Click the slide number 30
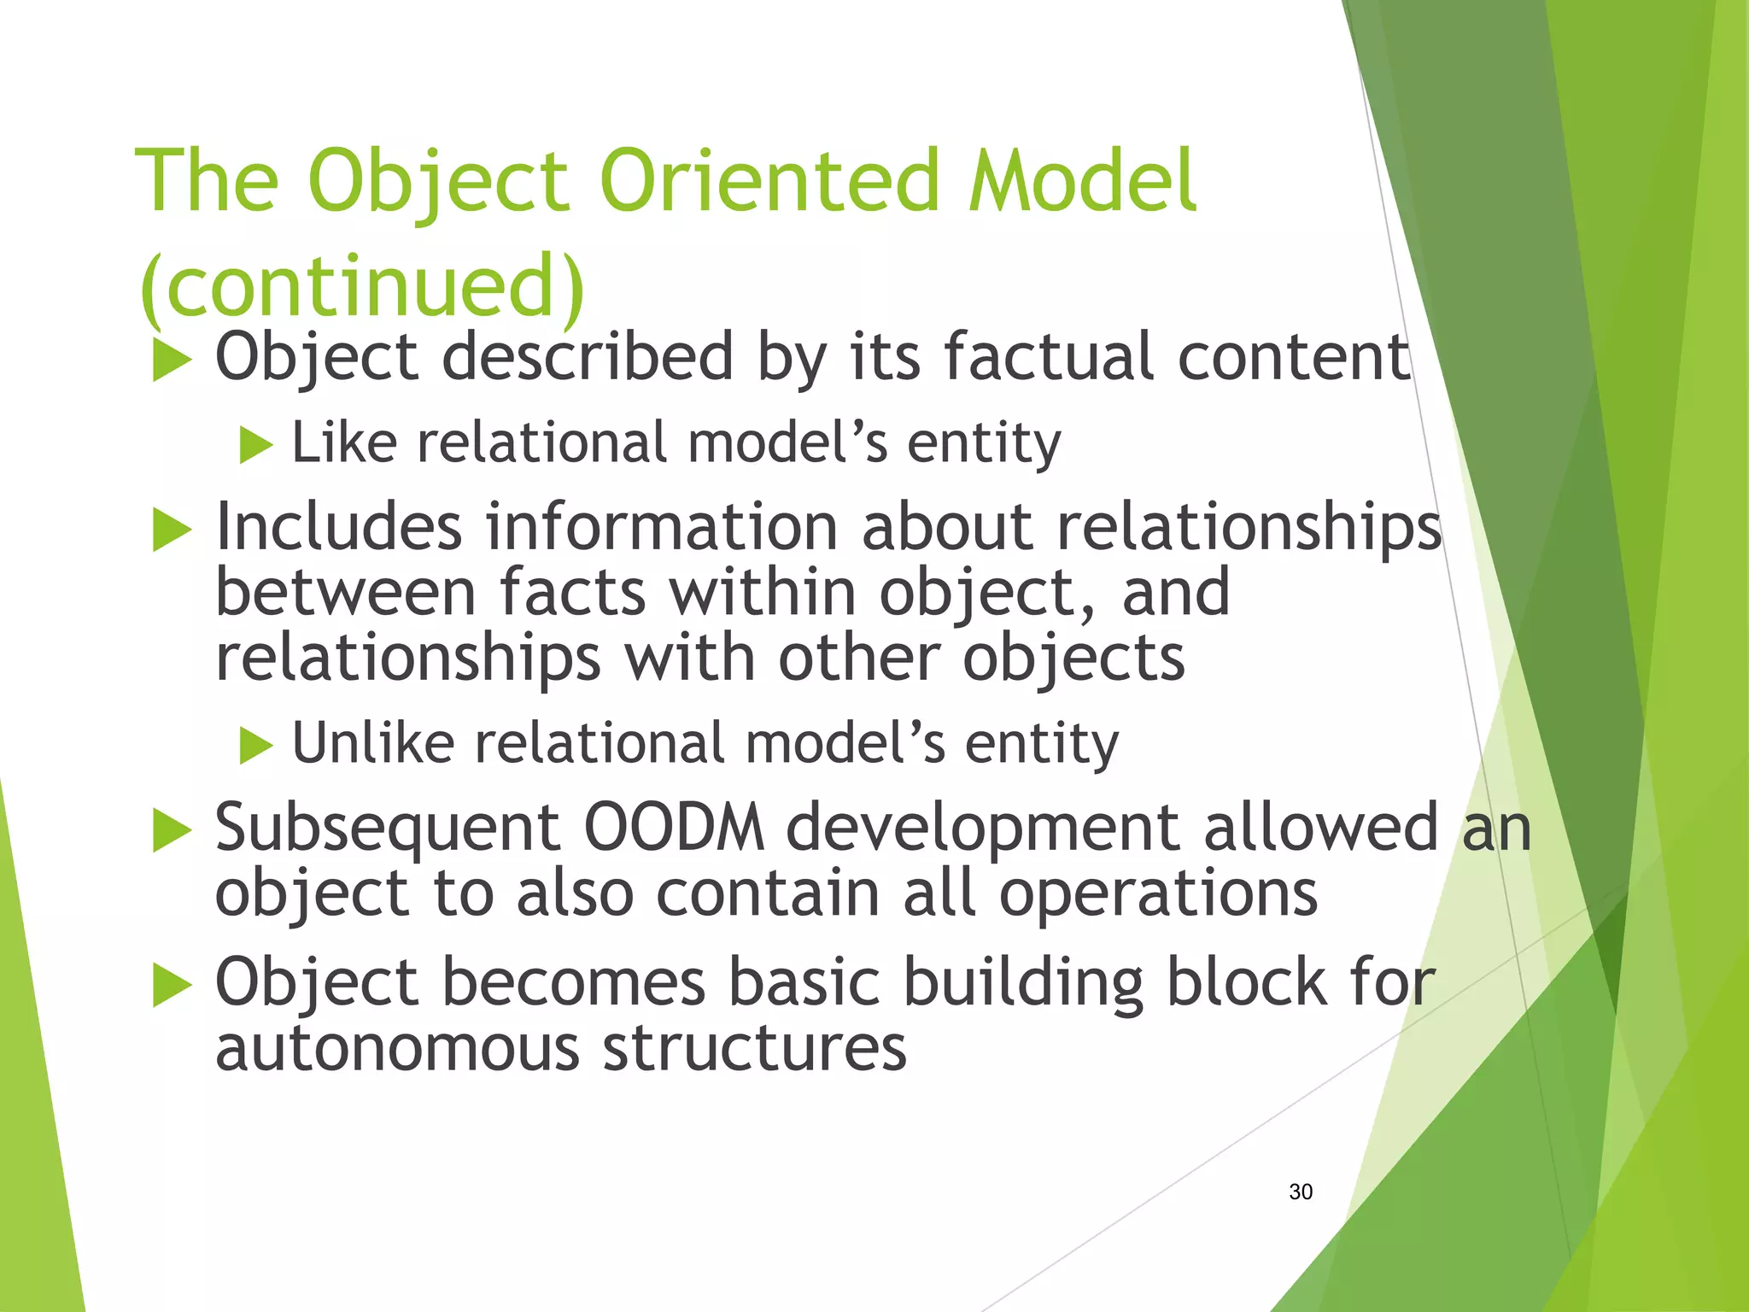click(x=1301, y=1192)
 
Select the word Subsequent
click(x=387, y=829)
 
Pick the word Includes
click(x=339, y=526)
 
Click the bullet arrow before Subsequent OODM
click(x=172, y=831)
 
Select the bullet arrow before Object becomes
click(x=172, y=987)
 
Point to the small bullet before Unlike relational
click(x=255, y=745)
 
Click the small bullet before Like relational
click(x=255, y=445)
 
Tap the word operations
click(x=1158, y=893)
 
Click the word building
click(x=1022, y=982)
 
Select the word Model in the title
click(x=1082, y=181)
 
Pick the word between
click(x=345, y=593)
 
